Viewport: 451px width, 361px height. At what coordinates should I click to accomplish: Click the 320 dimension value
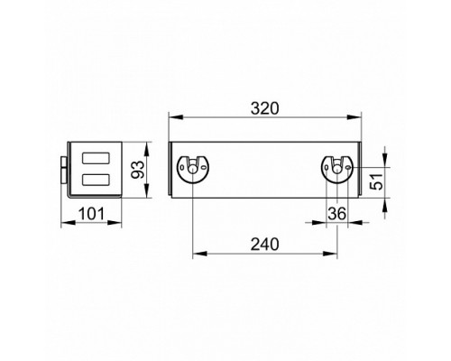[x=265, y=108]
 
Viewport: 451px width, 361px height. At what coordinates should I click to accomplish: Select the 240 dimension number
[x=265, y=245]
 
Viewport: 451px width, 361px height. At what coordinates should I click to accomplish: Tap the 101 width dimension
[x=91, y=214]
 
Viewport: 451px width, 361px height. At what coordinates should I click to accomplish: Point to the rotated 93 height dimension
[x=138, y=170]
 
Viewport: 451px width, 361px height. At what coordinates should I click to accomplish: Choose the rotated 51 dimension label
[x=377, y=181]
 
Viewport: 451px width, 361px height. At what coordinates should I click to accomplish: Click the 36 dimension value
[x=337, y=214]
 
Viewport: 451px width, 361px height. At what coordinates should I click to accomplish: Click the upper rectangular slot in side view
[x=96, y=158]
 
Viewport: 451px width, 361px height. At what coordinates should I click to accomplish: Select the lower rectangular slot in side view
[x=96, y=180]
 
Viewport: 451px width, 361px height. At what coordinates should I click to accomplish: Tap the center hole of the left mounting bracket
[x=192, y=170]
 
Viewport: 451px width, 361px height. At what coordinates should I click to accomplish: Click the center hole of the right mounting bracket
[x=337, y=170]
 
